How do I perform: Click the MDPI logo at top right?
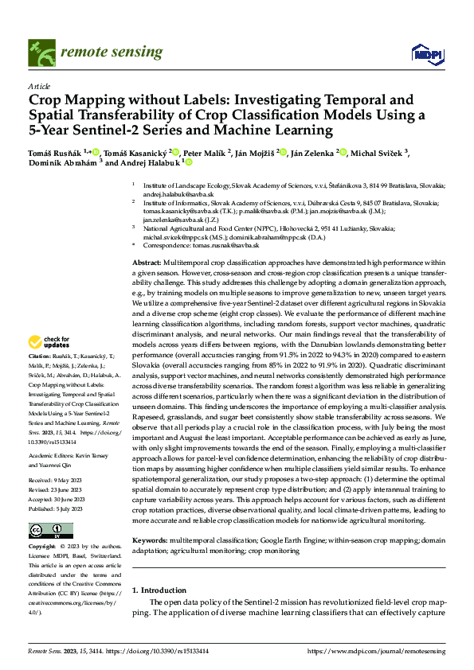[x=426, y=53]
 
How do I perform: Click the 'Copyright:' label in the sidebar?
[x=41, y=547]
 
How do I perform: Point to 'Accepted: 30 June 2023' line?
[x=57, y=499]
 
